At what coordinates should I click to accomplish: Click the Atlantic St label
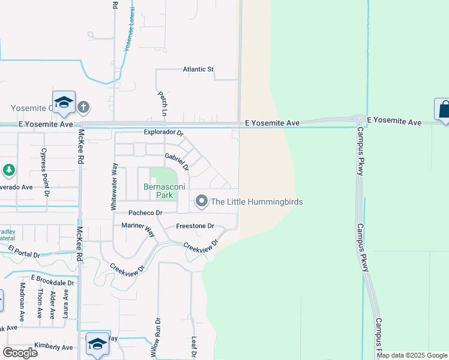coord(198,70)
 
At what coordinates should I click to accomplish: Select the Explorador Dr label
coord(163,132)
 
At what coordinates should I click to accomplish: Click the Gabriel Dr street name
coord(177,160)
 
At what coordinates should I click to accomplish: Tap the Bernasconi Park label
coord(159,191)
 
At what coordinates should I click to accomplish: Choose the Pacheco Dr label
coord(145,213)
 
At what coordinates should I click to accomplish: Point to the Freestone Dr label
coord(194,226)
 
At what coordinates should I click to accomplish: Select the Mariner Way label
coord(139,226)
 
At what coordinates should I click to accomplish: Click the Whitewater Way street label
coord(113,185)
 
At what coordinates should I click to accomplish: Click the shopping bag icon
coord(444,110)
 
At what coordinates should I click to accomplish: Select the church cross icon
coord(83,107)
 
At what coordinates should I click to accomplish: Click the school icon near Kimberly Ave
coord(97,344)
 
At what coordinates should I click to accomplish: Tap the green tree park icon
coord(8,171)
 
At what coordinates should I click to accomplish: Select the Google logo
coord(20,352)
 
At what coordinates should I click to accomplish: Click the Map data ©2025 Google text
coord(412,355)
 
